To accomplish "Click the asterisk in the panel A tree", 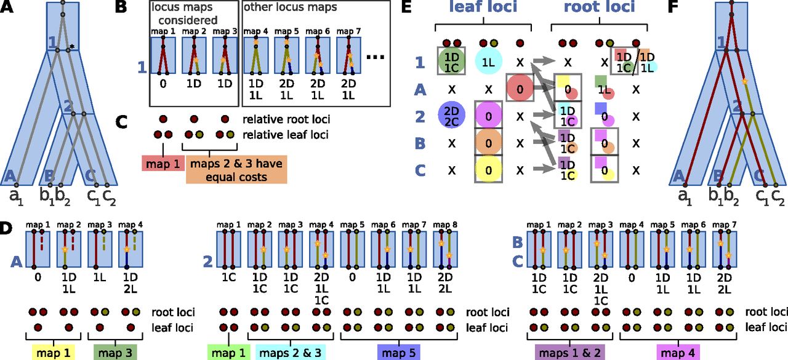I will click(72, 46).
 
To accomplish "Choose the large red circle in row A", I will click(520, 88).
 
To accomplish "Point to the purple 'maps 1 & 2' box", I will click(566, 352).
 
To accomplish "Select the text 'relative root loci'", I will click(277, 119).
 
